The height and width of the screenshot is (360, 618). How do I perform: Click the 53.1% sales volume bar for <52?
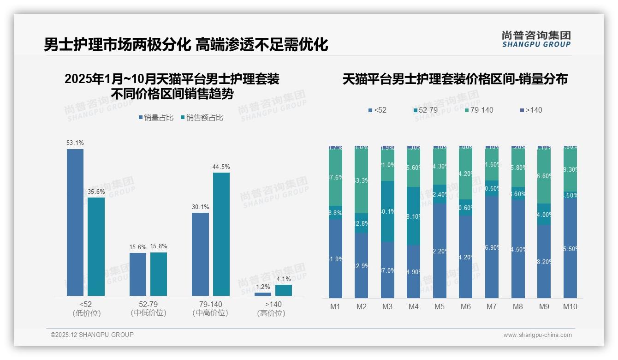point(75,222)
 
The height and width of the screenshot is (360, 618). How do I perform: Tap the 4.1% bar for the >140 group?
point(284,290)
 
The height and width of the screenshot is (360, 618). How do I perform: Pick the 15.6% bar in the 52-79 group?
point(138,274)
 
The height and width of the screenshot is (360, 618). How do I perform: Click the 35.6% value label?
point(96,192)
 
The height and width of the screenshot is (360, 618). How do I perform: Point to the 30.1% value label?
point(200,207)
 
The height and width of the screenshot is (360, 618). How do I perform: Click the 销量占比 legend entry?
point(156,118)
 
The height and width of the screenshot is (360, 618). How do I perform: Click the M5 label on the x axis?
point(439,306)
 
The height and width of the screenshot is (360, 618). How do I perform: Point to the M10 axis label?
point(570,306)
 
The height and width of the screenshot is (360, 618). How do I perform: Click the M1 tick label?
point(335,306)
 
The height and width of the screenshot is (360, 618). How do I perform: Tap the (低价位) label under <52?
point(86,313)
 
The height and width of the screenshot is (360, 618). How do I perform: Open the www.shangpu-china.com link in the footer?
point(537,335)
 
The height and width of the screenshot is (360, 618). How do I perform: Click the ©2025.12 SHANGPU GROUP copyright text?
point(92,335)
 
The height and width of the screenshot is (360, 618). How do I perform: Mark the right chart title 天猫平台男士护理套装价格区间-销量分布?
point(455,79)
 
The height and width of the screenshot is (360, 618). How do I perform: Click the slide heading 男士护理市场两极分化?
point(117,45)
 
